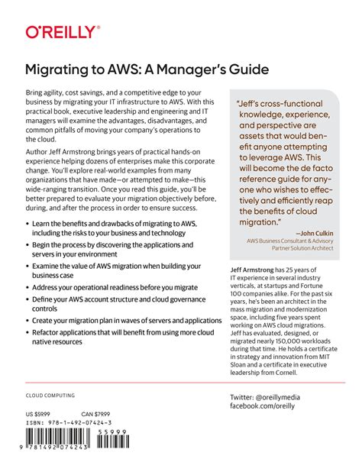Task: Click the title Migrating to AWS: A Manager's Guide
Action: click(147, 69)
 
